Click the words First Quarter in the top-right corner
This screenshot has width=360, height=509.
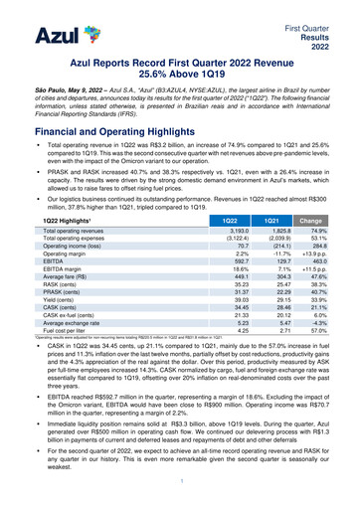(x=326, y=8)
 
